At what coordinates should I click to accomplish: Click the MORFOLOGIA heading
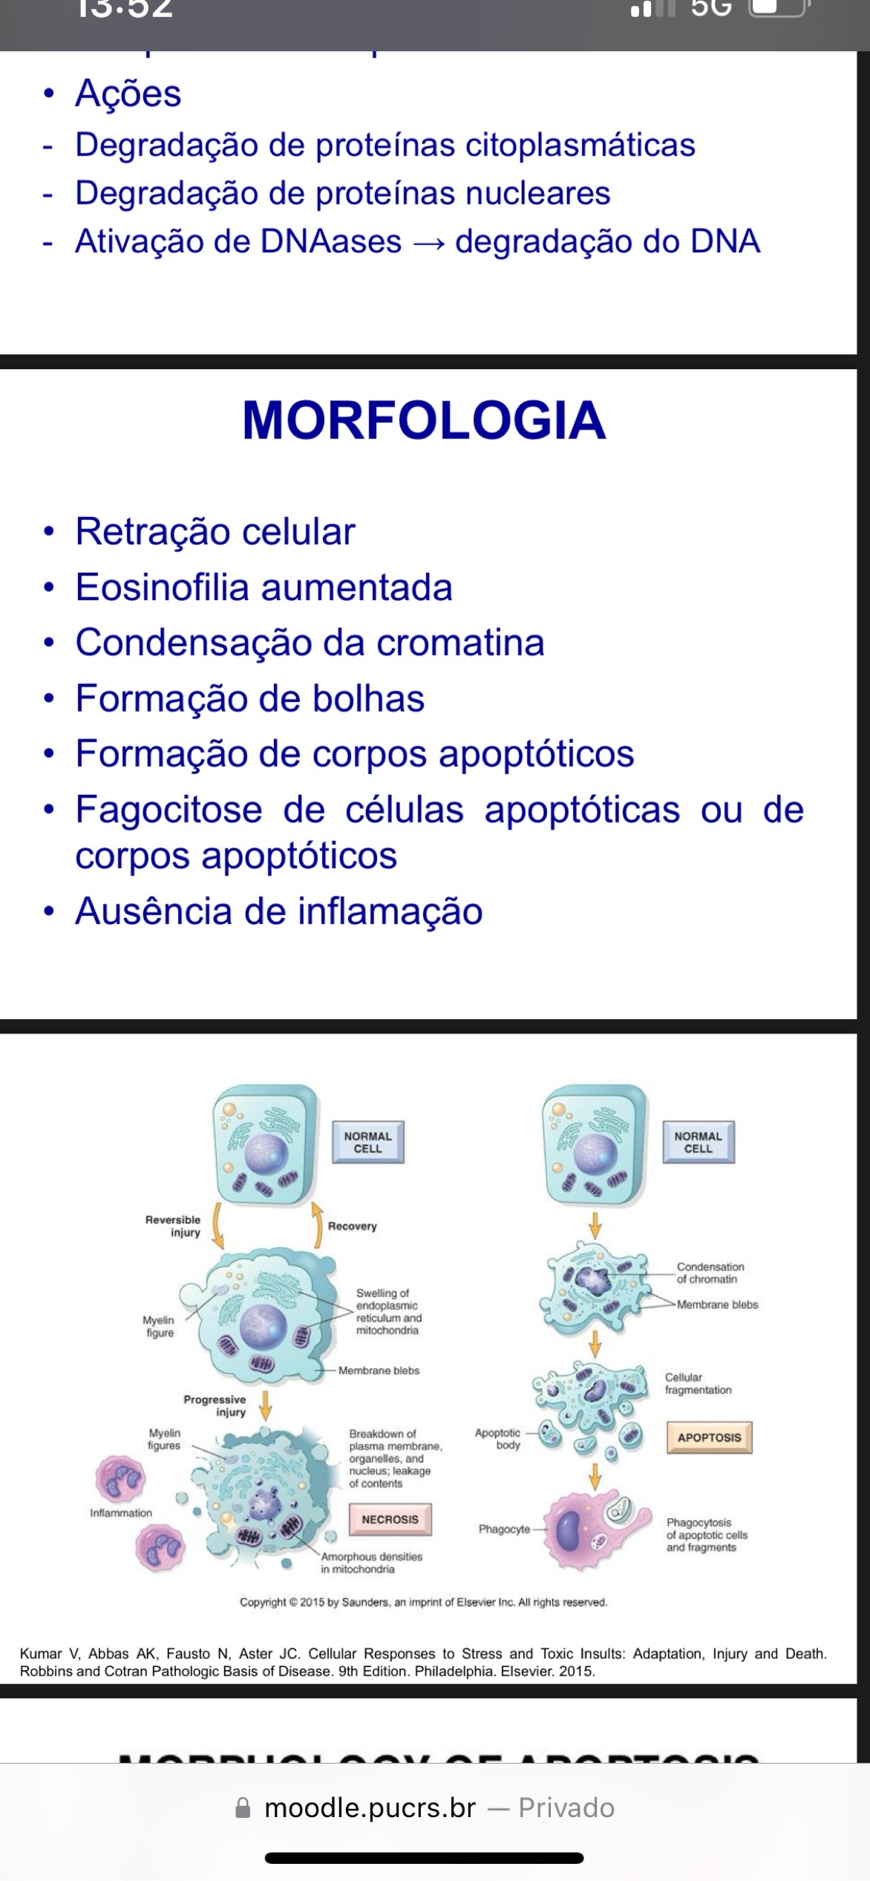pyautogui.click(x=424, y=420)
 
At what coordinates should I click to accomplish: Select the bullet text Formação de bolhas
pyautogui.click(x=249, y=699)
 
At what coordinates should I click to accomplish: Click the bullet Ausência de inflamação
pyautogui.click(x=278, y=912)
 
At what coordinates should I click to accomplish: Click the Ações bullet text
pyautogui.click(x=128, y=94)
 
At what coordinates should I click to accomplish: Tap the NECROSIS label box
pyautogui.click(x=390, y=1519)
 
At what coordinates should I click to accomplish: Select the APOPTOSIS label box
pyautogui.click(x=709, y=1437)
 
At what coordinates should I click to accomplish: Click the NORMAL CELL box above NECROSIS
pyautogui.click(x=367, y=1142)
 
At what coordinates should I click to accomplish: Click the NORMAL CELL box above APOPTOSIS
pyautogui.click(x=698, y=1142)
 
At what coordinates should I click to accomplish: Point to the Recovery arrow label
pyautogui.click(x=352, y=1226)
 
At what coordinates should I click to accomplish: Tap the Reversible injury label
pyautogui.click(x=174, y=1226)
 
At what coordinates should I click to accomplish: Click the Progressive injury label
pyautogui.click(x=215, y=1406)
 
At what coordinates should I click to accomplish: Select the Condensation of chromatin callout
pyautogui.click(x=710, y=1273)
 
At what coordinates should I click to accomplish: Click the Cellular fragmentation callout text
pyautogui.click(x=698, y=1383)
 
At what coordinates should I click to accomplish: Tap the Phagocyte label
pyautogui.click(x=504, y=1529)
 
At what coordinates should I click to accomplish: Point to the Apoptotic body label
pyautogui.click(x=498, y=1438)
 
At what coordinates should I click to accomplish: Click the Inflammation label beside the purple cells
pyautogui.click(x=120, y=1513)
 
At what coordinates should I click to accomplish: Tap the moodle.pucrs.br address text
pyautogui.click(x=370, y=1807)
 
